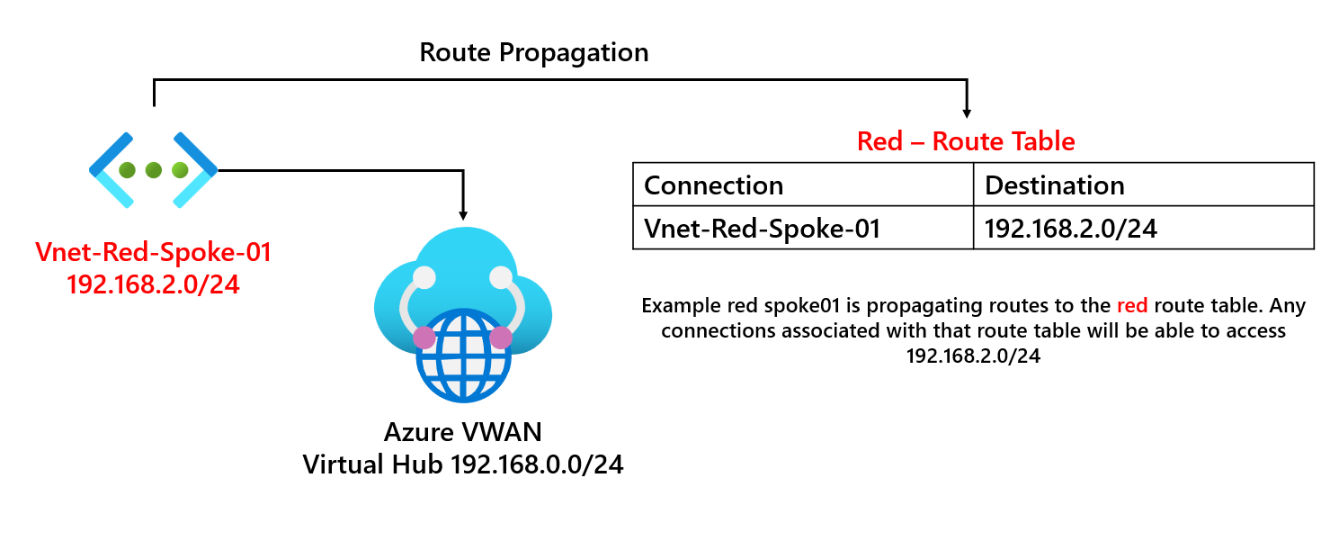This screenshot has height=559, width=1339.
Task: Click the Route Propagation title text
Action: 533,52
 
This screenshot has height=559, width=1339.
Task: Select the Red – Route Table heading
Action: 966,141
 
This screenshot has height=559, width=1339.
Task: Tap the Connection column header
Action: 713,185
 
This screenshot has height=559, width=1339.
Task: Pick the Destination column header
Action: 1055,185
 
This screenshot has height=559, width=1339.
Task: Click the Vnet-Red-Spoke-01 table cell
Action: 762,229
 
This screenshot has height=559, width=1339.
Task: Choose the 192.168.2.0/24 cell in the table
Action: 1070,229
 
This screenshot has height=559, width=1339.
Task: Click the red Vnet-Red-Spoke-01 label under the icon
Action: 153,253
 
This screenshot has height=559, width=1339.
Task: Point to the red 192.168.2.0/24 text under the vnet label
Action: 153,284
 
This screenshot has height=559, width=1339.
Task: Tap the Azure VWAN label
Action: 463,432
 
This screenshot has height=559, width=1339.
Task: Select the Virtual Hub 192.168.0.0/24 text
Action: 463,464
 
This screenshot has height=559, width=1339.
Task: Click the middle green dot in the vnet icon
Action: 153,169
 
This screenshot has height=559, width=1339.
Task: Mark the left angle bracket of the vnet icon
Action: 110,169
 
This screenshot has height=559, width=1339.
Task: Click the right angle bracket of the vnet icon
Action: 196,169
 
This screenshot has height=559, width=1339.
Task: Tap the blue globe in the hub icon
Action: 463,356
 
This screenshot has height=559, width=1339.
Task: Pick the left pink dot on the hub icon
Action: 424,338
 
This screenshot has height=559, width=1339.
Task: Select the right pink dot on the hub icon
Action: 501,338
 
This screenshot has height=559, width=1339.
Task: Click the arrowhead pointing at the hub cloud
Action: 463,215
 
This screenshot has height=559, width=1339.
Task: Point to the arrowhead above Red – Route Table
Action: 967,113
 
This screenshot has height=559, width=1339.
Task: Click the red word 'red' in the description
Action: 1131,306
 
